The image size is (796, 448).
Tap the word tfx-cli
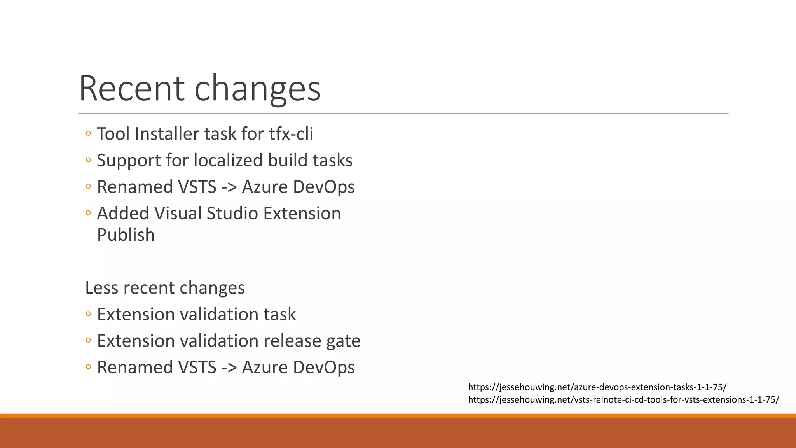click(x=291, y=134)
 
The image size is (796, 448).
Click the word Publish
click(x=126, y=235)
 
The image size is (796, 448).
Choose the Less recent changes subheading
click(x=165, y=288)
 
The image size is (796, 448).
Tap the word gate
click(x=343, y=341)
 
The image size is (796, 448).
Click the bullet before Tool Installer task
click(x=88, y=134)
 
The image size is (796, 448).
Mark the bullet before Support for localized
click(x=88, y=160)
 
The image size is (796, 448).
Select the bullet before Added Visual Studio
click(x=88, y=213)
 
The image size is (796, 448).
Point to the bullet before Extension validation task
click(x=88, y=314)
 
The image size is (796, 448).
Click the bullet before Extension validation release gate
click(x=88, y=341)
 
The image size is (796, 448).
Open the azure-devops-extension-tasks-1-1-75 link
click(x=597, y=387)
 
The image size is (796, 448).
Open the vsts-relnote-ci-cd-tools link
click(x=623, y=400)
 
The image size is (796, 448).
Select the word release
click(x=292, y=341)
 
